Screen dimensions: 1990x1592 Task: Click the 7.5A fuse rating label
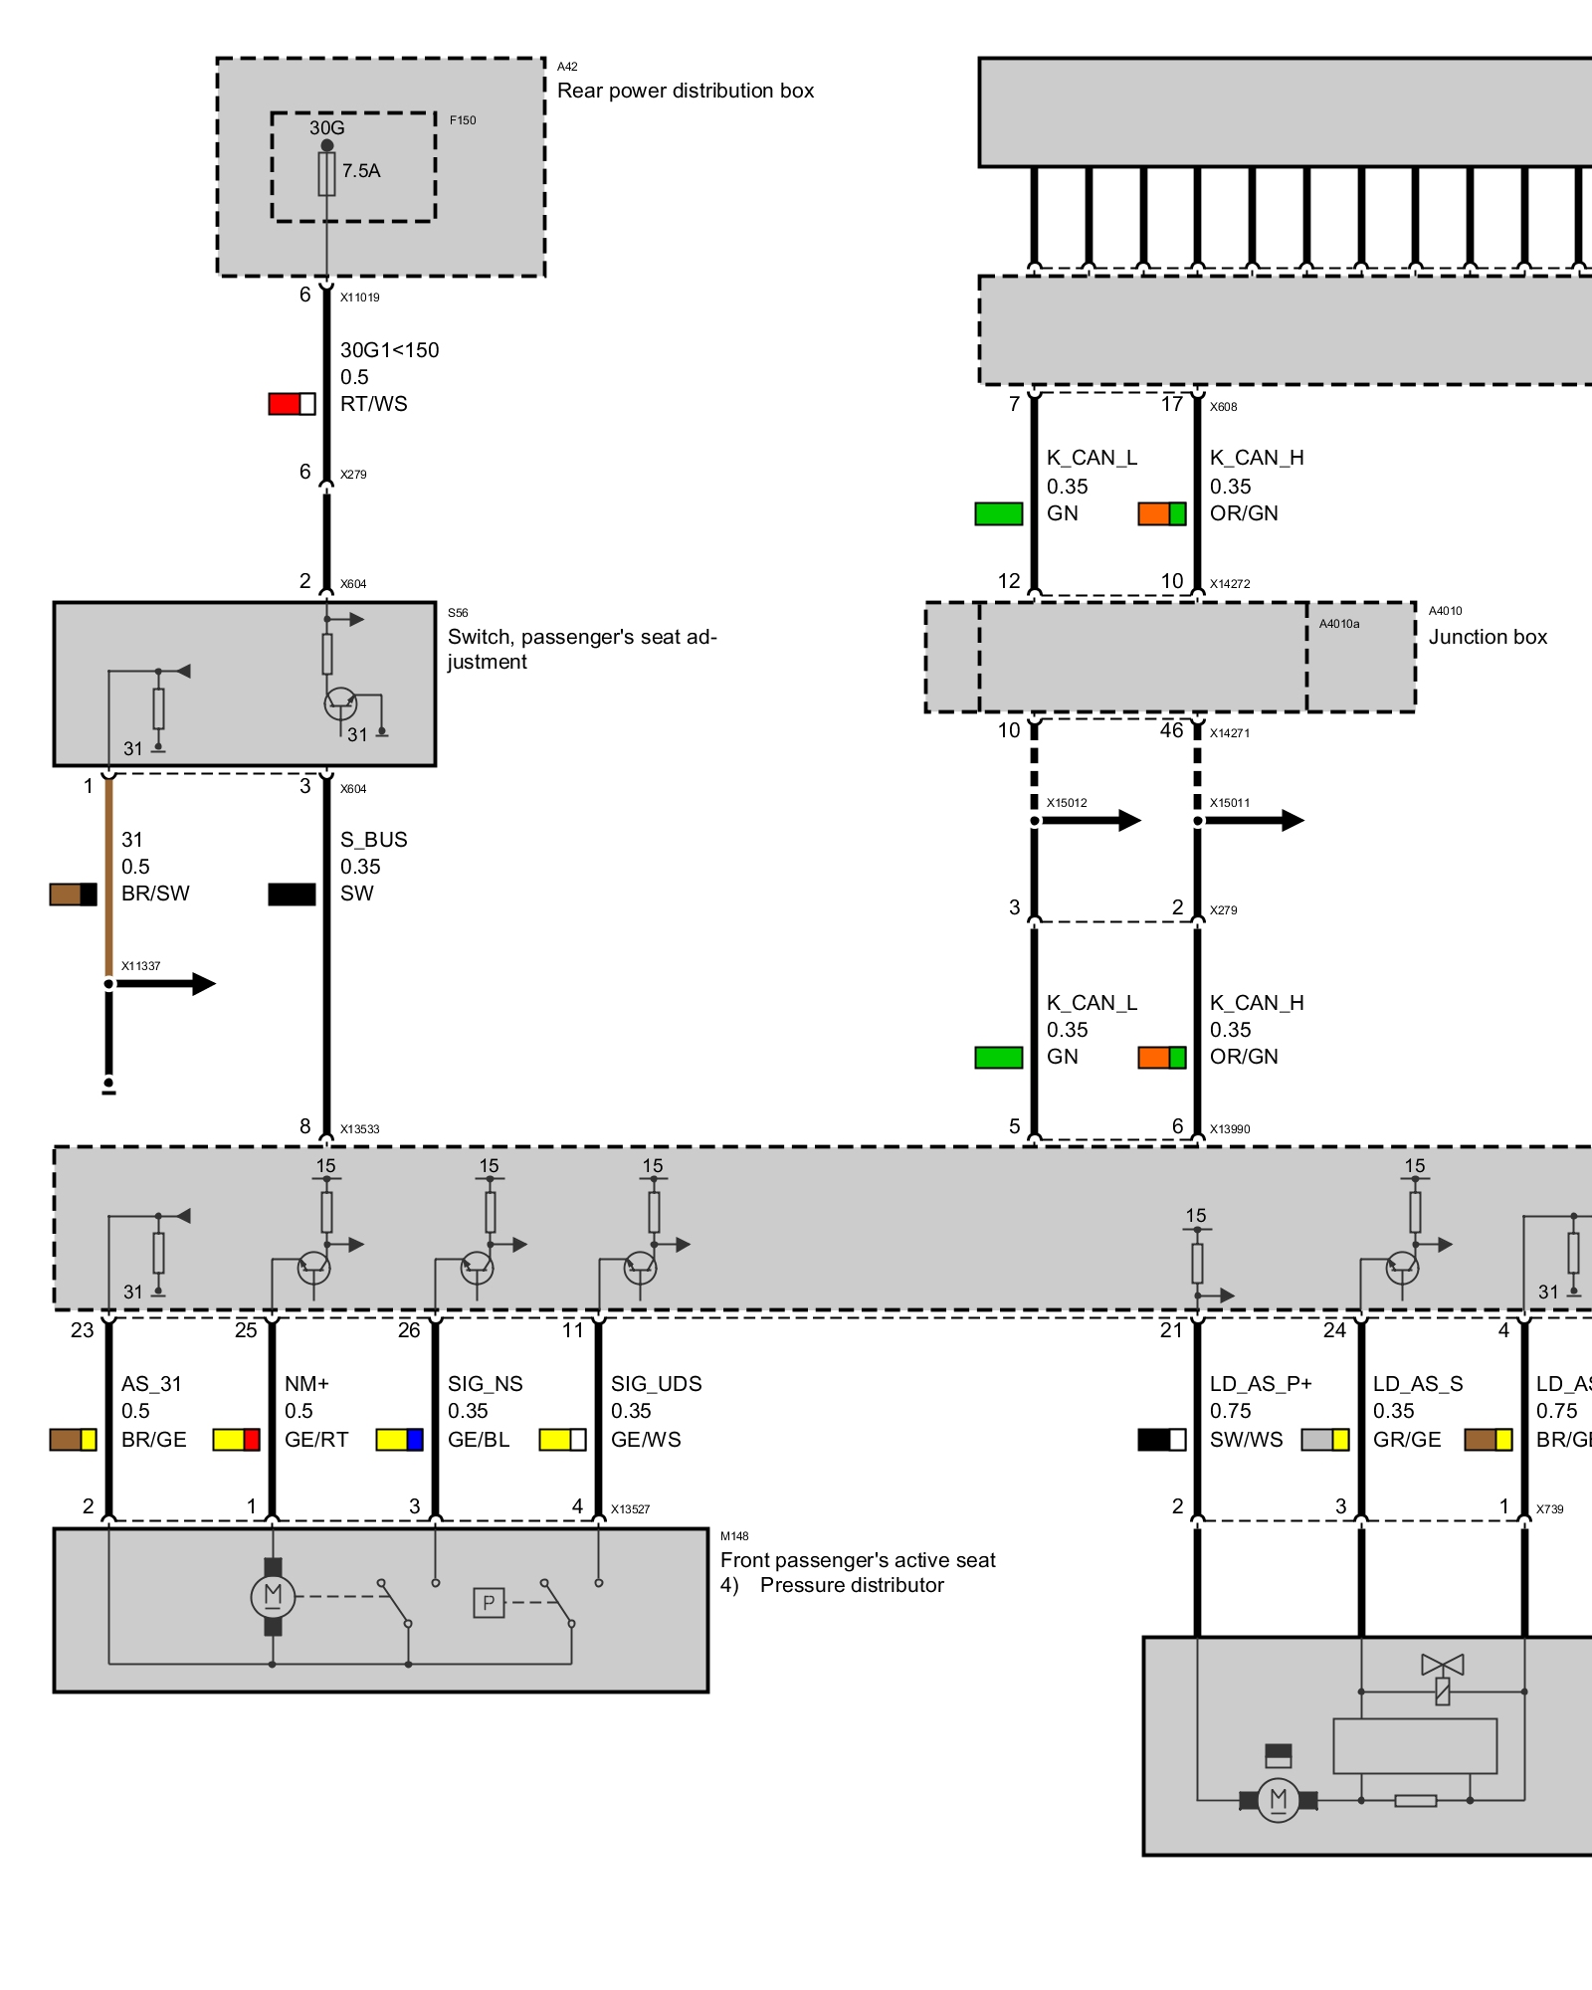pyautogui.click(x=361, y=171)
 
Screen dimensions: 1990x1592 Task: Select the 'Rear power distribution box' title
pyautogui.click(x=685, y=91)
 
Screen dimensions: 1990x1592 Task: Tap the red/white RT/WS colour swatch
pyautogui.click(x=292, y=404)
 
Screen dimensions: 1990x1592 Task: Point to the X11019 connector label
pyautogui.click(x=359, y=298)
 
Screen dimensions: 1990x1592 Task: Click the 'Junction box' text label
pyautogui.click(x=1488, y=637)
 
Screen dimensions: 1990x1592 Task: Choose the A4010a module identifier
pyautogui.click(x=1338, y=624)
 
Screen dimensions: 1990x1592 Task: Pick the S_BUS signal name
pyautogui.click(x=374, y=840)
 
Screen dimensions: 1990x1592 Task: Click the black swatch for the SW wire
pyautogui.click(x=292, y=895)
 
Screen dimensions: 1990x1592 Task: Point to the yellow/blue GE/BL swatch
pyautogui.click(x=399, y=1440)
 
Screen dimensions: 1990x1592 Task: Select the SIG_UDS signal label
pyautogui.click(x=656, y=1384)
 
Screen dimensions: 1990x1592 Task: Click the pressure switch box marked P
pyautogui.click(x=489, y=1603)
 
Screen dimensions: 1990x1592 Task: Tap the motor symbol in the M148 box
pyautogui.click(x=273, y=1596)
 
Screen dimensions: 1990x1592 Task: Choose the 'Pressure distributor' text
pyautogui.click(x=852, y=1585)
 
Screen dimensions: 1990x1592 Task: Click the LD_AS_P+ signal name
pyautogui.click(x=1261, y=1384)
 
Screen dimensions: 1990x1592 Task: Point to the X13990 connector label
pyautogui.click(x=1230, y=1129)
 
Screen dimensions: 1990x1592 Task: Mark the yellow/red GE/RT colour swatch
pyautogui.click(x=236, y=1440)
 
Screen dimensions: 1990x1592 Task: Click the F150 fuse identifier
pyautogui.click(x=463, y=120)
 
